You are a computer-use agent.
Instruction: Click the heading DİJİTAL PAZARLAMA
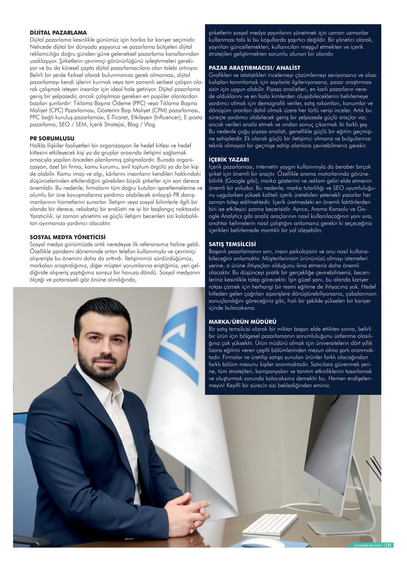point(58,33)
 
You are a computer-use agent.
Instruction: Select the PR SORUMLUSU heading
point(52,138)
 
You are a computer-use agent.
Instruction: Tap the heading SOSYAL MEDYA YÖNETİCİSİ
point(68,237)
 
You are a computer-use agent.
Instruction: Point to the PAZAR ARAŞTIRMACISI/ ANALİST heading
point(254,68)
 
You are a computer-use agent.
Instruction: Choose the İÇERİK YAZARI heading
point(229,160)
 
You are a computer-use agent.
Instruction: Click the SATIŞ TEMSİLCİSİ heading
point(232,244)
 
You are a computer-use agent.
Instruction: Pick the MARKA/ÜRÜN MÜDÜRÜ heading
point(242,322)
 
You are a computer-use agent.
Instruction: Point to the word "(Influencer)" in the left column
point(166,117)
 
